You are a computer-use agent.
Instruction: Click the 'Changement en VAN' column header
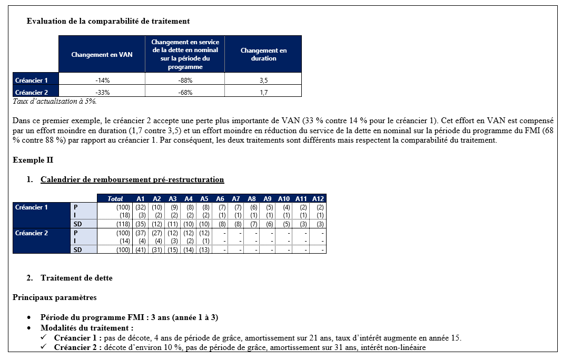pyautogui.click(x=102, y=54)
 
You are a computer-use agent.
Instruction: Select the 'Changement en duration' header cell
pyautogui.click(x=263, y=54)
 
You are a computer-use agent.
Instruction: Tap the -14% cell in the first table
pyautogui.click(x=102, y=80)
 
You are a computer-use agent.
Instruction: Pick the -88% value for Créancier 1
pyautogui.click(x=185, y=80)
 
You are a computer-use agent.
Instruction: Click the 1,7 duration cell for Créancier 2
pyautogui.click(x=263, y=92)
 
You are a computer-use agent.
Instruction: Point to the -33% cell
pyautogui.click(x=102, y=92)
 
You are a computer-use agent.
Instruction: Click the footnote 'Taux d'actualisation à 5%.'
pyautogui.click(x=55, y=101)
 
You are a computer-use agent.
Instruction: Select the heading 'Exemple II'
pyautogui.click(x=33, y=160)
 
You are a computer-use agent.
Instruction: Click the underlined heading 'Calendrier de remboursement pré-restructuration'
pyautogui.click(x=132, y=179)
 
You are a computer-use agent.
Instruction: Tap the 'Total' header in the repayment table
pyautogui.click(x=115, y=198)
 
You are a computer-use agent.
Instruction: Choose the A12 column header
pyautogui.click(x=318, y=198)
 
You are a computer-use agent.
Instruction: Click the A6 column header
pyautogui.click(x=220, y=198)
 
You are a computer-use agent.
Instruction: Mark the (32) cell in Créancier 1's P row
pyautogui.click(x=141, y=207)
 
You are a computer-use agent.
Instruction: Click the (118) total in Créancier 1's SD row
pyautogui.click(x=123, y=224)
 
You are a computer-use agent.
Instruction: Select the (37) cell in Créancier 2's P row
pyautogui.click(x=141, y=233)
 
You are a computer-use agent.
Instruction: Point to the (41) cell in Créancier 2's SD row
pyautogui.click(x=141, y=250)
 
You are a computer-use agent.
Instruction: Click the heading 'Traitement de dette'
pyautogui.click(x=76, y=278)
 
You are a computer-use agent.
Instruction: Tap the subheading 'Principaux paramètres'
pyautogui.click(x=54, y=297)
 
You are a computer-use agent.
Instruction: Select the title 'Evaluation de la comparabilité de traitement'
pyautogui.click(x=108, y=22)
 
